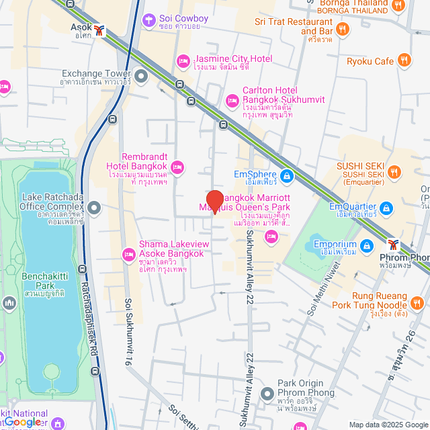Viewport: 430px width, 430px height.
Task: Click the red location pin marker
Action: click(x=214, y=201)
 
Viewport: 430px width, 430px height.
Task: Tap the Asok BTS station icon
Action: click(x=100, y=30)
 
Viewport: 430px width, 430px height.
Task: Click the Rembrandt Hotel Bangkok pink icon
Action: click(x=177, y=166)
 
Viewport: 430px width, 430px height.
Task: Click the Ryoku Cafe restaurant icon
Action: click(x=404, y=61)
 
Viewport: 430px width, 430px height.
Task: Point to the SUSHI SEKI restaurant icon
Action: click(x=394, y=173)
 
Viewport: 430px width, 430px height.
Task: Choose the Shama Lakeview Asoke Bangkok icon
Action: click(x=128, y=254)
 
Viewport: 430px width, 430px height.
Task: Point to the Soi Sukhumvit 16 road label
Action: click(x=127, y=329)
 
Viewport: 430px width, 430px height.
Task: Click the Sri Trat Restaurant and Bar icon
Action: click(x=343, y=28)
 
